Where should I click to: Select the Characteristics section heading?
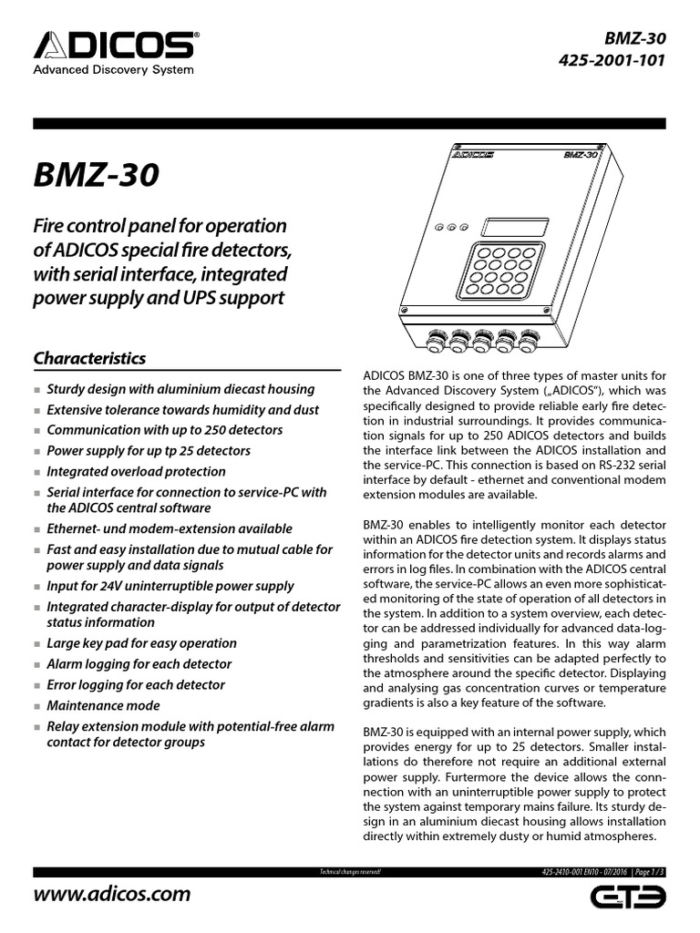click(89, 358)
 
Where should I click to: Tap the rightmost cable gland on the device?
click(528, 347)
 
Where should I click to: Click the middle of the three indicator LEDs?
click(450, 228)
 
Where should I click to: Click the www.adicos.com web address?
click(112, 893)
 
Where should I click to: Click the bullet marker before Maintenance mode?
click(37, 707)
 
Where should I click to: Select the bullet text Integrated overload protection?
click(136, 471)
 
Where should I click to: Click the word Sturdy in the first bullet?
click(67, 388)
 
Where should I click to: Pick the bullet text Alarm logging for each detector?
click(139, 664)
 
